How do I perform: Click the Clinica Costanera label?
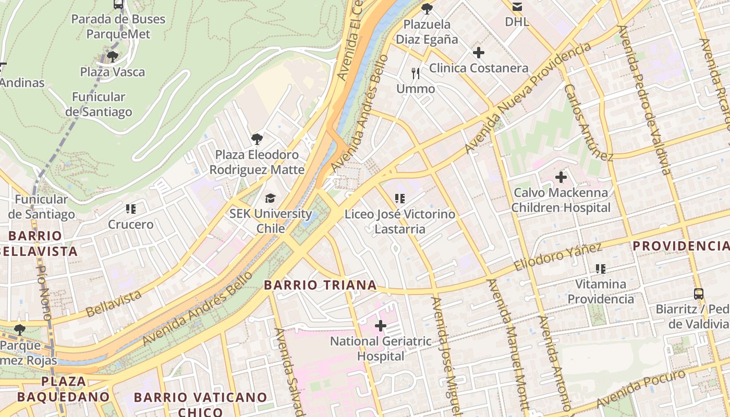click(x=478, y=68)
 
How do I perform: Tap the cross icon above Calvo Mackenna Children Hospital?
click(x=561, y=177)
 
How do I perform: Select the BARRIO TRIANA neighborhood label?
click(x=320, y=285)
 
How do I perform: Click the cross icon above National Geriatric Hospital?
click(x=381, y=326)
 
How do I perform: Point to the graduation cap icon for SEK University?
click(x=270, y=199)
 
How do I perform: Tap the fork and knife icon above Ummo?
click(x=416, y=73)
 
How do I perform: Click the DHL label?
click(x=517, y=22)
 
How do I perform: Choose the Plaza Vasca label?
click(x=112, y=72)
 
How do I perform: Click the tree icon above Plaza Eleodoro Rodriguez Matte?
click(x=257, y=139)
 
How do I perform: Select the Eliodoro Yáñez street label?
click(x=557, y=256)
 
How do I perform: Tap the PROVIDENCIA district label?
click(x=680, y=246)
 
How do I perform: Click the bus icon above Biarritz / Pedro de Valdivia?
click(x=698, y=294)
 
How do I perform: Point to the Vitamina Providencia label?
click(x=601, y=291)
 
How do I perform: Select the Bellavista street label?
click(x=114, y=303)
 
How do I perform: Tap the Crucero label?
click(x=130, y=225)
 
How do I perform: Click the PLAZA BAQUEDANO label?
click(x=63, y=389)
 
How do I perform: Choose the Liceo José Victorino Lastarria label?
click(x=399, y=222)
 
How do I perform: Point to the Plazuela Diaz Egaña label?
click(x=427, y=32)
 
